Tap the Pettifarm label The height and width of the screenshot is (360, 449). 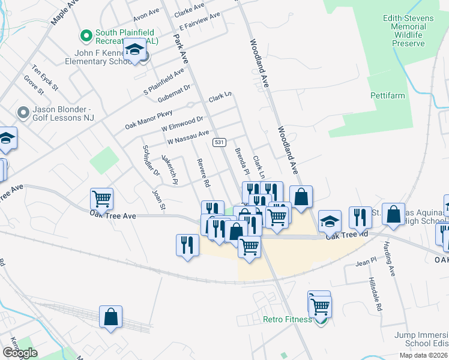point(387,95)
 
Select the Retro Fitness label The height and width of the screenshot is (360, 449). point(288,319)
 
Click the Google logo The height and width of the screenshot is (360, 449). point(20,353)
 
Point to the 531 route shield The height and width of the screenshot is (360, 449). point(219,142)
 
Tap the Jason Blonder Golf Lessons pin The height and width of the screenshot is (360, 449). point(24,112)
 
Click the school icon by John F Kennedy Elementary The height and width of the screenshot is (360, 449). point(135,49)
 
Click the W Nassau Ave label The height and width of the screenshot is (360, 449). point(188,137)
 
